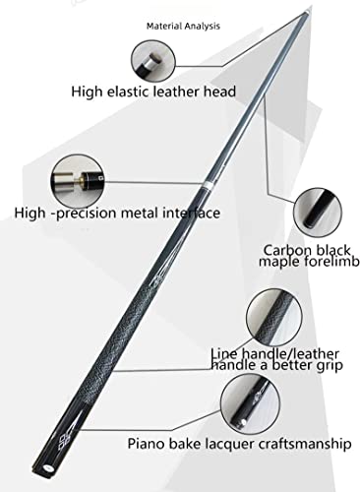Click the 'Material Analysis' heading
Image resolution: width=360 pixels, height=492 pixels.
click(x=183, y=26)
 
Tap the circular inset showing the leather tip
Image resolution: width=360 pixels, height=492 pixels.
click(x=153, y=61)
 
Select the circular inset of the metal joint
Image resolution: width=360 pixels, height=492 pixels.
click(x=78, y=181)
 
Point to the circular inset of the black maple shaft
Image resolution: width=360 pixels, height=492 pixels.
click(x=318, y=212)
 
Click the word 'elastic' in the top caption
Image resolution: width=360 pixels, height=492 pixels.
click(x=128, y=92)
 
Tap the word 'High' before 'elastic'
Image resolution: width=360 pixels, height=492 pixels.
click(x=87, y=92)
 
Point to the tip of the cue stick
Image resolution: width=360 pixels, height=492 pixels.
click(x=307, y=12)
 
